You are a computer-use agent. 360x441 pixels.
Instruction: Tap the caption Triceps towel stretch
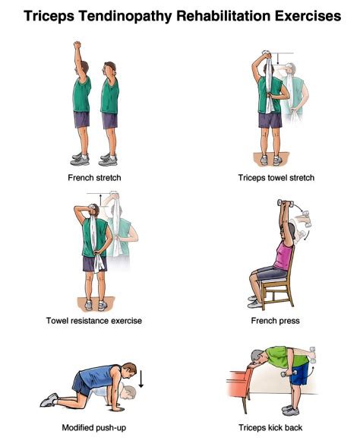[x=275, y=178]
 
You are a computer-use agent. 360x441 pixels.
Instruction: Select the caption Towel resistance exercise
[x=95, y=321]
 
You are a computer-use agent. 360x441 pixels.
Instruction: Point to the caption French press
[x=275, y=321]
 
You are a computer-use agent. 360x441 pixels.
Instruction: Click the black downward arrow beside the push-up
[x=140, y=378]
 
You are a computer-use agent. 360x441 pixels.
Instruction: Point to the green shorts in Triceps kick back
[x=298, y=373]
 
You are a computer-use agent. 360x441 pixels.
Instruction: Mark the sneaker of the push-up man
[x=49, y=399]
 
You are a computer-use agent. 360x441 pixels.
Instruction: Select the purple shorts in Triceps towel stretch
[x=270, y=119]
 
